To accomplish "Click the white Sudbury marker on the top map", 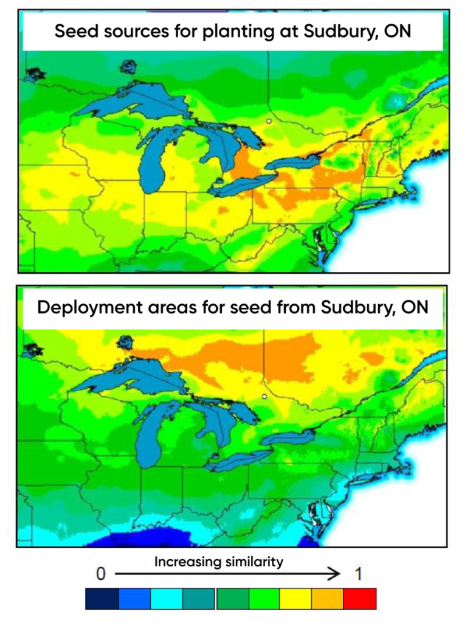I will pyautogui.click(x=268, y=122).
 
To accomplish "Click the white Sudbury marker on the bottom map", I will pyautogui.click(x=264, y=396).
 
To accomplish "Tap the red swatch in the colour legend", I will pyautogui.click(x=360, y=599).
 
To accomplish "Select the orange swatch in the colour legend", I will pyautogui.click(x=328, y=599).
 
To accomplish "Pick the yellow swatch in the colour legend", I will pyautogui.click(x=295, y=599).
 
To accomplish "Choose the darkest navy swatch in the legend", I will pyautogui.click(x=102, y=599).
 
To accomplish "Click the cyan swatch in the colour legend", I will pyautogui.click(x=166, y=599).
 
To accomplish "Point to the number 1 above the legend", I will pyautogui.click(x=359, y=573).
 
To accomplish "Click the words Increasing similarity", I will pyautogui.click(x=218, y=562).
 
